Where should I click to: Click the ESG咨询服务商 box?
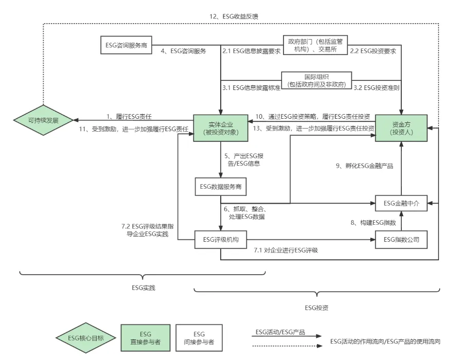125,45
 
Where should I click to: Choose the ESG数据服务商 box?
221,187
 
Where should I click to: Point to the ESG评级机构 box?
221,240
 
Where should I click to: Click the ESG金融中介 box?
401,204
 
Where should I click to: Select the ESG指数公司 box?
401,240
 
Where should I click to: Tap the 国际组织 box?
316,80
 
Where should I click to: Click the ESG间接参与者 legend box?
198,338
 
